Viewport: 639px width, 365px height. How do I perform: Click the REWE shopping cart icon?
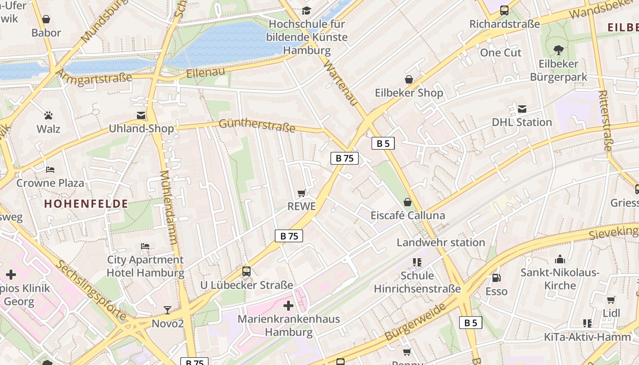[301, 193]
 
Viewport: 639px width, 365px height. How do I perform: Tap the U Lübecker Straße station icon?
[246, 271]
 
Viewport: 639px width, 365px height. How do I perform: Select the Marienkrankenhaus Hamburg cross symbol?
[288, 305]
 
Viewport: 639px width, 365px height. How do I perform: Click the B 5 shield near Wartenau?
[382, 144]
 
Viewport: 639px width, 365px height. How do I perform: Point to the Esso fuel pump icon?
[496, 277]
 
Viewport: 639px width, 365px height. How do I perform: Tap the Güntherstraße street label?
[257, 125]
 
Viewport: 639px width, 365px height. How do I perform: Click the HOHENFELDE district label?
[86, 204]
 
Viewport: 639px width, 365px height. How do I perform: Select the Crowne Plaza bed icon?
[50, 169]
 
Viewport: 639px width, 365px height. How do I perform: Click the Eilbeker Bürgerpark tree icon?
[558, 50]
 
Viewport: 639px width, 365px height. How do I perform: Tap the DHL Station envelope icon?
[522, 109]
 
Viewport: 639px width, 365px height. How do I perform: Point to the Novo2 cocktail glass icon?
[168, 310]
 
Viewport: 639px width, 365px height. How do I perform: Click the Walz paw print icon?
[48, 115]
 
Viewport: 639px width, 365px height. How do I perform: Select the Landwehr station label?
[440, 242]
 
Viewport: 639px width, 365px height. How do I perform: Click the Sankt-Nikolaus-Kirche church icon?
[560, 259]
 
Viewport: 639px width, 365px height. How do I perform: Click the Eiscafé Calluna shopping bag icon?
[408, 202]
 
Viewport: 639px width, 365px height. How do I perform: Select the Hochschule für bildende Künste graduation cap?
[306, 10]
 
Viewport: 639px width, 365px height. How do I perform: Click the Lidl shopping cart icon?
[611, 300]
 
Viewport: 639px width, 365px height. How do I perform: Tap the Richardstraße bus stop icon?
[504, 10]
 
